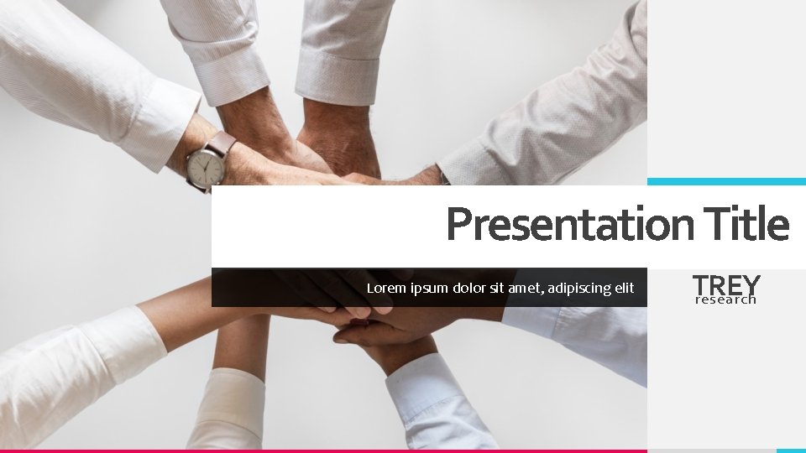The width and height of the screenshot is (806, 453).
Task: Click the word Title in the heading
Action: click(747, 224)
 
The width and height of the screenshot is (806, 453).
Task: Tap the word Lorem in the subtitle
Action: click(385, 289)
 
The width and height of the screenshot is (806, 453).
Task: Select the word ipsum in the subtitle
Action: click(429, 289)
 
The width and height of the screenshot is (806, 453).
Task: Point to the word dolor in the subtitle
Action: click(468, 289)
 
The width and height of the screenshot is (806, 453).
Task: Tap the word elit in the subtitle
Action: click(625, 289)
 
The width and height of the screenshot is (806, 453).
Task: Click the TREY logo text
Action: click(726, 284)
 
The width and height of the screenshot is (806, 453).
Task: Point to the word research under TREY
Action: click(726, 299)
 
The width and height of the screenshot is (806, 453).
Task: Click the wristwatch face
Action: click(206, 166)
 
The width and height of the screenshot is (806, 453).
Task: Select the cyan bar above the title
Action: click(726, 181)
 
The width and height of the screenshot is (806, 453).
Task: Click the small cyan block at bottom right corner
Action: click(791, 450)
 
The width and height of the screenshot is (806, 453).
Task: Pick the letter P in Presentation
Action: click(459, 225)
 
